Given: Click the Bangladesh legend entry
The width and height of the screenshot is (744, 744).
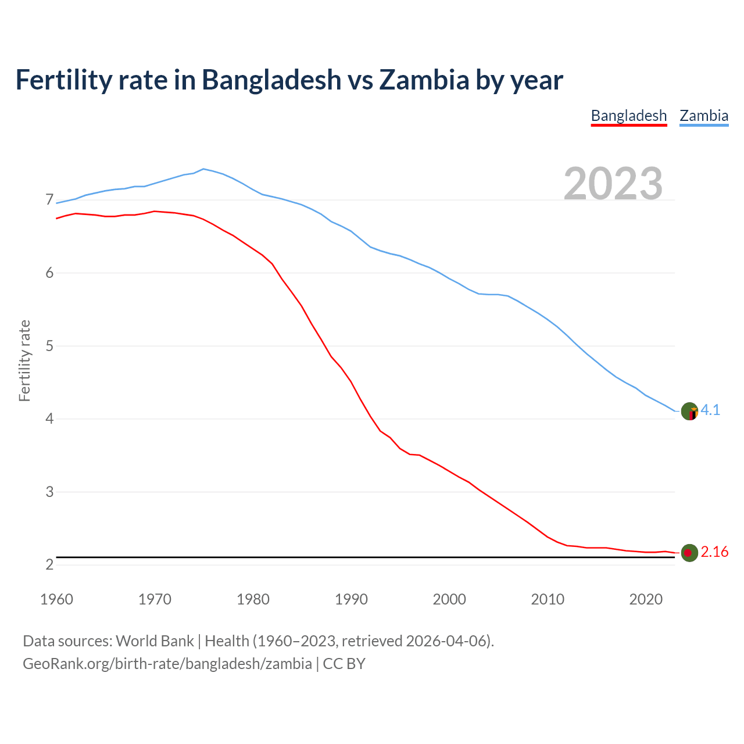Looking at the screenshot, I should click(x=628, y=116).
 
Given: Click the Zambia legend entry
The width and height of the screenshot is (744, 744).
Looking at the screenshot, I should click(x=704, y=116).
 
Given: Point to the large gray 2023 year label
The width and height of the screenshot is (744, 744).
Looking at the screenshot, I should click(x=613, y=184).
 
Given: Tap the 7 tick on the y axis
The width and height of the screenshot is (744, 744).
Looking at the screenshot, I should click(x=49, y=200).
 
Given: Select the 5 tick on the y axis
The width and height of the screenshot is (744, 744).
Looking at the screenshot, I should click(x=49, y=346).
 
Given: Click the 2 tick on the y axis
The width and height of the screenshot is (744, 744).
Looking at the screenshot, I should click(x=49, y=564).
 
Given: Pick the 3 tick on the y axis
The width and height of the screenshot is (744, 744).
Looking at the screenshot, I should click(x=49, y=492).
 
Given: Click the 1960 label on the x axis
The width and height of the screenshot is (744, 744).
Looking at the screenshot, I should click(x=56, y=599).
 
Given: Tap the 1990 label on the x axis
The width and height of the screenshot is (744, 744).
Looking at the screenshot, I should click(x=351, y=599).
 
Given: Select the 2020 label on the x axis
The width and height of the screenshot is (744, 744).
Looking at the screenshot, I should click(x=646, y=599).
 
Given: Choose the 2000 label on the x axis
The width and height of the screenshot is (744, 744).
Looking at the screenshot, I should click(x=449, y=599).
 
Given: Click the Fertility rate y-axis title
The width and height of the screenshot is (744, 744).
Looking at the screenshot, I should click(x=24, y=360).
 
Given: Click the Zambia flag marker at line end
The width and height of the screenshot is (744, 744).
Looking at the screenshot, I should click(x=689, y=412).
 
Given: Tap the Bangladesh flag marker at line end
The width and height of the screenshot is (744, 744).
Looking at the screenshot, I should click(x=689, y=553).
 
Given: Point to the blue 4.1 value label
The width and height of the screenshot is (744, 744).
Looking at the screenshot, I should click(x=710, y=410).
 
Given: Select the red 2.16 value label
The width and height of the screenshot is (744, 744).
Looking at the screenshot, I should click(x=714, y=552).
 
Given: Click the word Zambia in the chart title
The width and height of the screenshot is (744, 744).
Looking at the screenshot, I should click(x=424, y=80).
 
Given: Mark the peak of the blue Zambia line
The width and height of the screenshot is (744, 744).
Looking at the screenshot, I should click(x=203, y=169).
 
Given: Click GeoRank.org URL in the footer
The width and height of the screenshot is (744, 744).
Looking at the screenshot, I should click(x=167, y=664).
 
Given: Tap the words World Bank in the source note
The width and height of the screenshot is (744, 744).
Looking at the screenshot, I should click(x=155, y=641).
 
